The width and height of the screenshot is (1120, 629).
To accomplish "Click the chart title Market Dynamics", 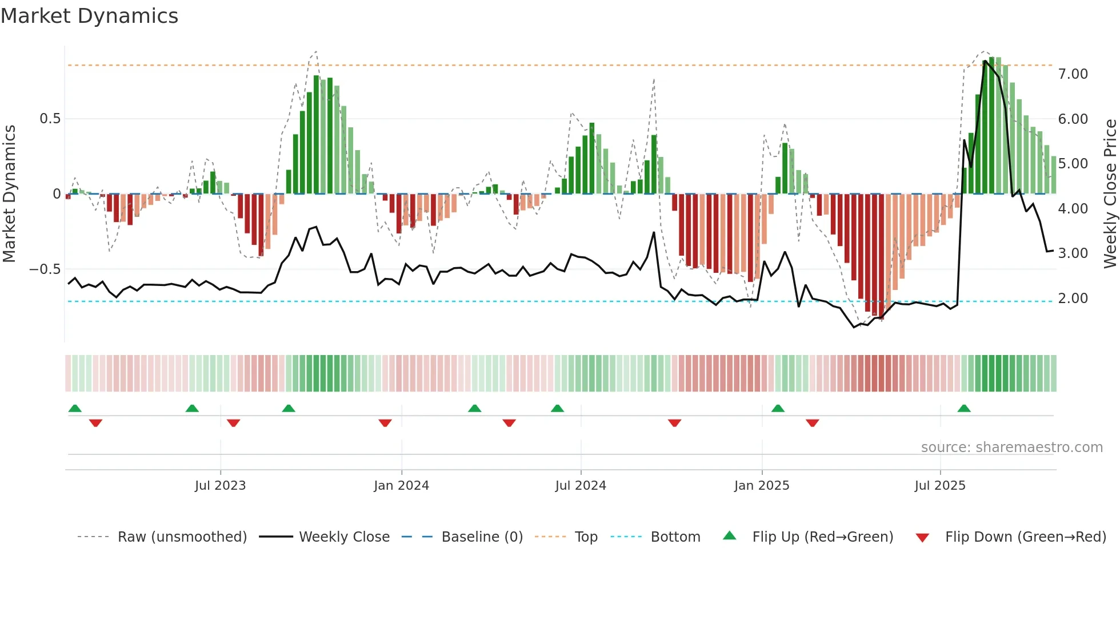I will (89, 16).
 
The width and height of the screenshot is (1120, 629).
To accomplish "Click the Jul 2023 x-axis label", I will (220, 485).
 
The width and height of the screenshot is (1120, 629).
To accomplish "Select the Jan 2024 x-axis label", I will (401, 485).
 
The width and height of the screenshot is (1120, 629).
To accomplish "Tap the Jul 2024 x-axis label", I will (581, 485).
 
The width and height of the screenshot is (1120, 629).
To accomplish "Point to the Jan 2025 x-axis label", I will (762, 485).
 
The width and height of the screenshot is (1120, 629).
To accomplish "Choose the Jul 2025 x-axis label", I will (940, 485).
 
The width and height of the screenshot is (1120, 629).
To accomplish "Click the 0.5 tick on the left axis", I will (50, 119).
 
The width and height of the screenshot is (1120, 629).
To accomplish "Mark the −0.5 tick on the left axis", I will (45, 269).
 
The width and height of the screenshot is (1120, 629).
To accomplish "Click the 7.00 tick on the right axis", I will (1073, 74).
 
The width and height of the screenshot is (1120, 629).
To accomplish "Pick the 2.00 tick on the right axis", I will (1073, 298).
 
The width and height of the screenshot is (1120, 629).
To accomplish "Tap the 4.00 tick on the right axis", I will (1073, 208).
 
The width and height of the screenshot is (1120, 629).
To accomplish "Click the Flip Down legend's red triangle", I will (922, 537).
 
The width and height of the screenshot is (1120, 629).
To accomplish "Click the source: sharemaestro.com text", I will (1011, 447).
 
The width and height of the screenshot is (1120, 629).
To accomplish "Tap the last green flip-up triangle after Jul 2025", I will (964, 408).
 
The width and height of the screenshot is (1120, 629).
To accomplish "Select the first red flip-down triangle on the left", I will (95, 423).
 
